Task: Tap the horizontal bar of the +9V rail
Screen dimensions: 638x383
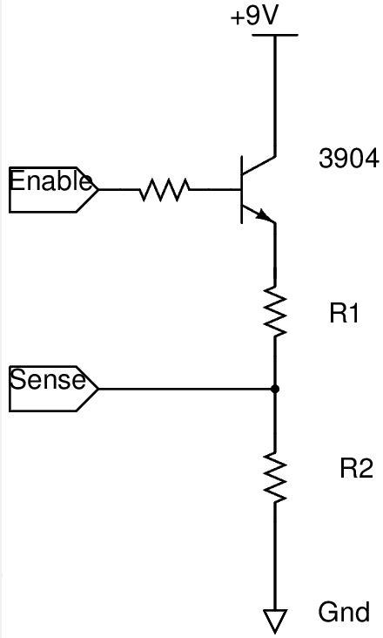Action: point(275,36)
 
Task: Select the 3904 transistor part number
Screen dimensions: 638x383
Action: point(349,159)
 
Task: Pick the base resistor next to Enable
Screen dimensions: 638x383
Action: point(165,188)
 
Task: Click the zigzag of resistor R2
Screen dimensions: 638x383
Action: point(276,477)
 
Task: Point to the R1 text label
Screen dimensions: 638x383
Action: point(345,315)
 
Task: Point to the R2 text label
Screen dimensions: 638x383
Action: point(356,470)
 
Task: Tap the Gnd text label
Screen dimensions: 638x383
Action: point(345,612)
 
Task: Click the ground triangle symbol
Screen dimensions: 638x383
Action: point(276,620)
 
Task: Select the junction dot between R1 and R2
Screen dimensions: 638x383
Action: point(276,388)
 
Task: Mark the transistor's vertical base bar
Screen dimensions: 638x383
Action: point(242,188)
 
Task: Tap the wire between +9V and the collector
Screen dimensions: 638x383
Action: point(276,96)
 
